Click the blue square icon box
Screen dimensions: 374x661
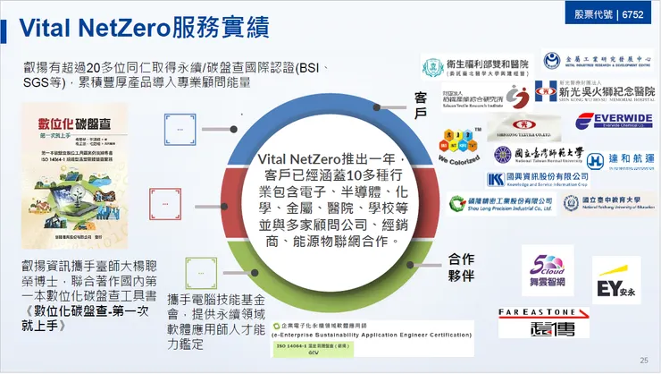(180, 131)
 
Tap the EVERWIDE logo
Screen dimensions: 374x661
(614, 120)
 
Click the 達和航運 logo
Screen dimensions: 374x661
(620, 160)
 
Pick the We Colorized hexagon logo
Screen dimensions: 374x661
(456, 145)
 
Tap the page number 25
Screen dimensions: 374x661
(643, 361)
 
